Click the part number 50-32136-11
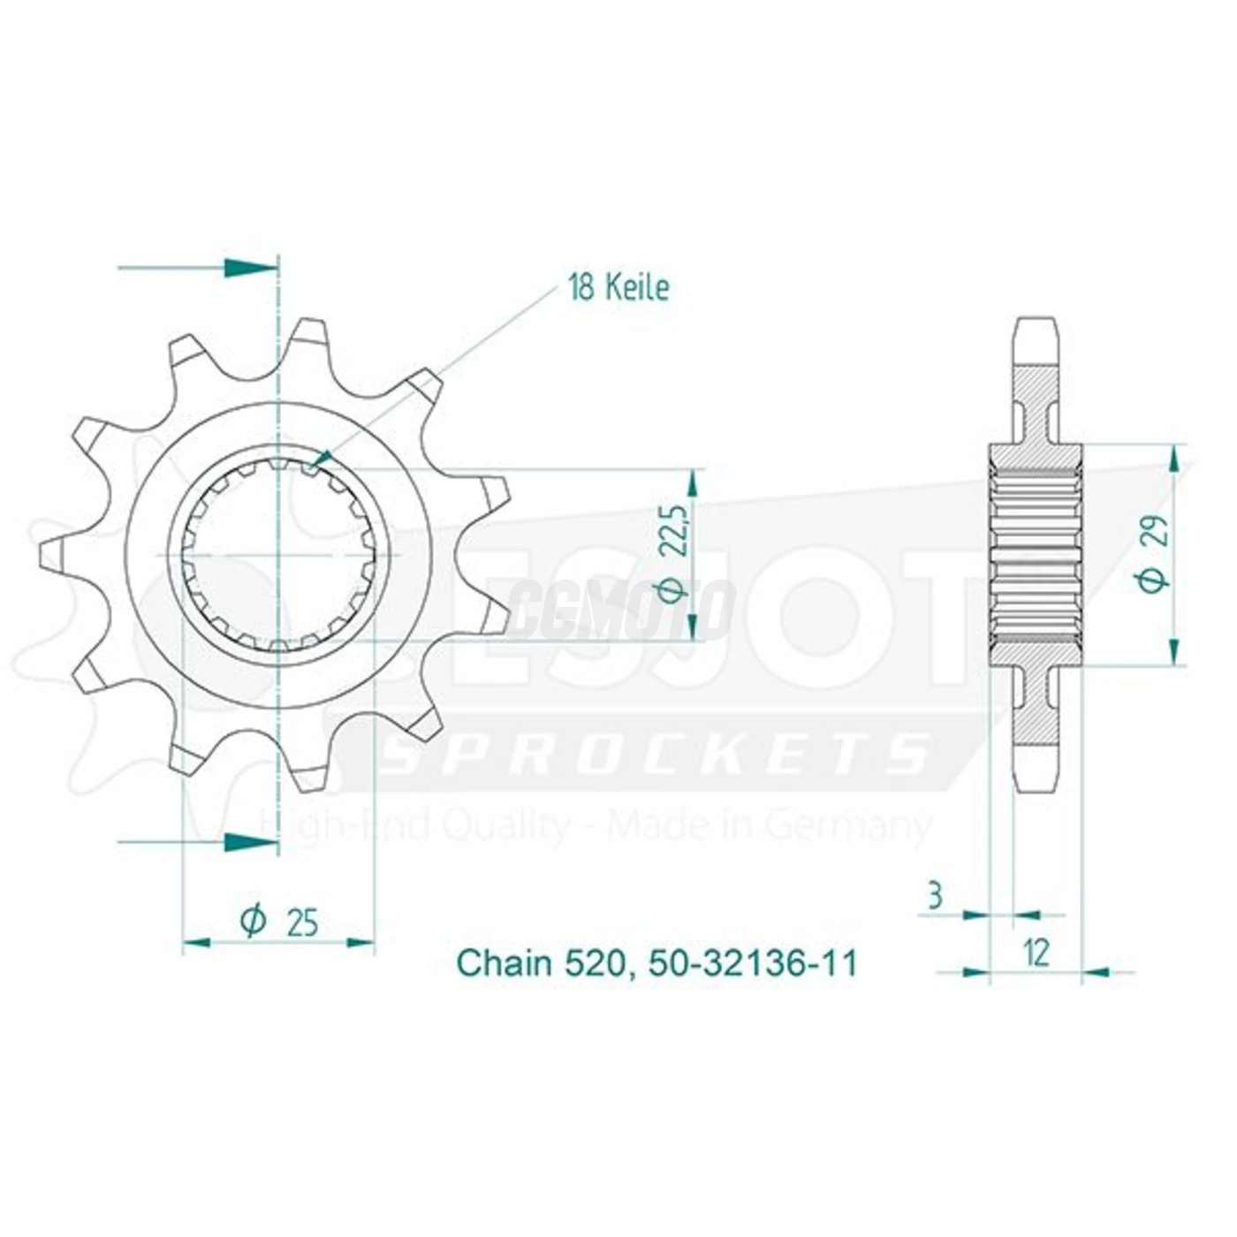pyautogui.click(x=753, y=963)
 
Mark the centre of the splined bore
pyautogui.click(x=279, y=555)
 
